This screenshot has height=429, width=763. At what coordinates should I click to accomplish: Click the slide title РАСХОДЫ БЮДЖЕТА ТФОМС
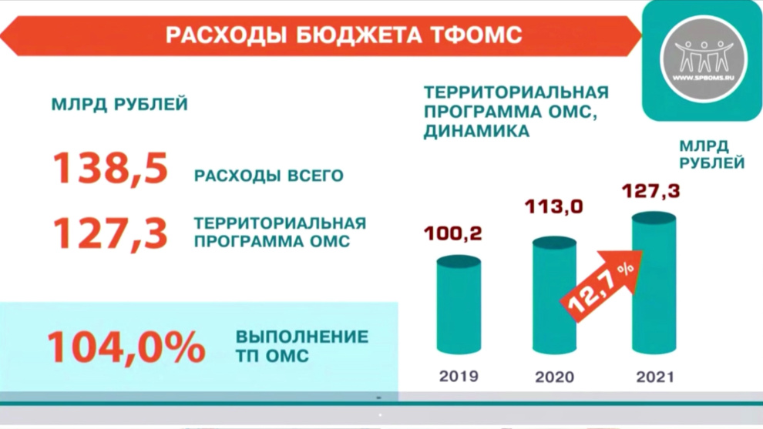[344, 35]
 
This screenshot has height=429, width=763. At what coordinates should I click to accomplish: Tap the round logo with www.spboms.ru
[703, 59]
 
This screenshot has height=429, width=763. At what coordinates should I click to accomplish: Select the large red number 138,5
[110, 169]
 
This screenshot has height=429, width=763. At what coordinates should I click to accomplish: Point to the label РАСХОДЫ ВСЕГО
[269, 176]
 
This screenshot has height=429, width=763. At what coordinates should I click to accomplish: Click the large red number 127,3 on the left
[110, 234]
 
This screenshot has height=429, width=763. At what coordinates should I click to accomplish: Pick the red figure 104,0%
[126, 347]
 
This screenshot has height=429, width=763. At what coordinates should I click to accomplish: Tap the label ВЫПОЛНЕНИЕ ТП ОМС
[301, 347]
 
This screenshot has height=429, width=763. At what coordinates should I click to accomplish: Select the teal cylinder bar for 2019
[459, 305]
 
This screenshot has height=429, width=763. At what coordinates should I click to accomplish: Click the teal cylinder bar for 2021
[654, 283]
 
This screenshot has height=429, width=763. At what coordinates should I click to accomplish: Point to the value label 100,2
[453, 233]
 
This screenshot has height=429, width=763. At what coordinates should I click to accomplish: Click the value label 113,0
[554, 207]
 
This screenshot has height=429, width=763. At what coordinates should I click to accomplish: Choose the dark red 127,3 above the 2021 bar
[651, 191]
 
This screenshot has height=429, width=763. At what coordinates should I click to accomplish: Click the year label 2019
[459, 376]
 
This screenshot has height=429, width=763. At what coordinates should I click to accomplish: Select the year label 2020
[555, 377]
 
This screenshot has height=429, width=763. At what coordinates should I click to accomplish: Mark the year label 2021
[655, 377]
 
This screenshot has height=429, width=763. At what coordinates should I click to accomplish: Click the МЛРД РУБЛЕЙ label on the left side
[119, 105]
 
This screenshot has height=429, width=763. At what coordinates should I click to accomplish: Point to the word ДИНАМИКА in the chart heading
[477, 132]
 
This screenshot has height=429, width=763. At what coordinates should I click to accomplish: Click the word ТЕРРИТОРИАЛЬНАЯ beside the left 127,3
[281, 223]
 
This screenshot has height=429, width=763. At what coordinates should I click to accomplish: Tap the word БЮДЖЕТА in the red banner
[359, 35]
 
